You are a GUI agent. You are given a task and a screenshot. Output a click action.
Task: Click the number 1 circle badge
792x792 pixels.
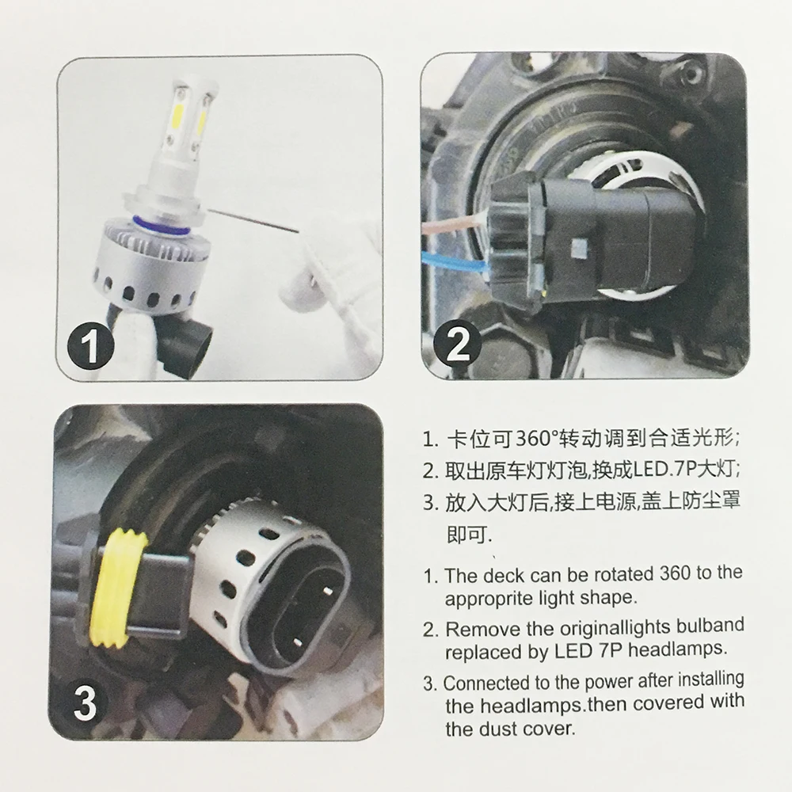tap(91, 346)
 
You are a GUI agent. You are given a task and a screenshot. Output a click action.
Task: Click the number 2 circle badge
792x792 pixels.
tap(458, 345)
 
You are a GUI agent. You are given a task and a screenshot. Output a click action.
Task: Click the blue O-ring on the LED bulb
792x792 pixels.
tap(162, 226)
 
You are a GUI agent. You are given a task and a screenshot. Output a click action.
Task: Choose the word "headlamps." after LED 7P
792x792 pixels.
tap(679, 649)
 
